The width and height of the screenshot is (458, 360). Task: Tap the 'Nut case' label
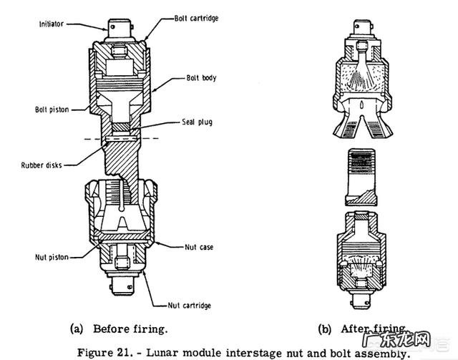click(x=199, y=247)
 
